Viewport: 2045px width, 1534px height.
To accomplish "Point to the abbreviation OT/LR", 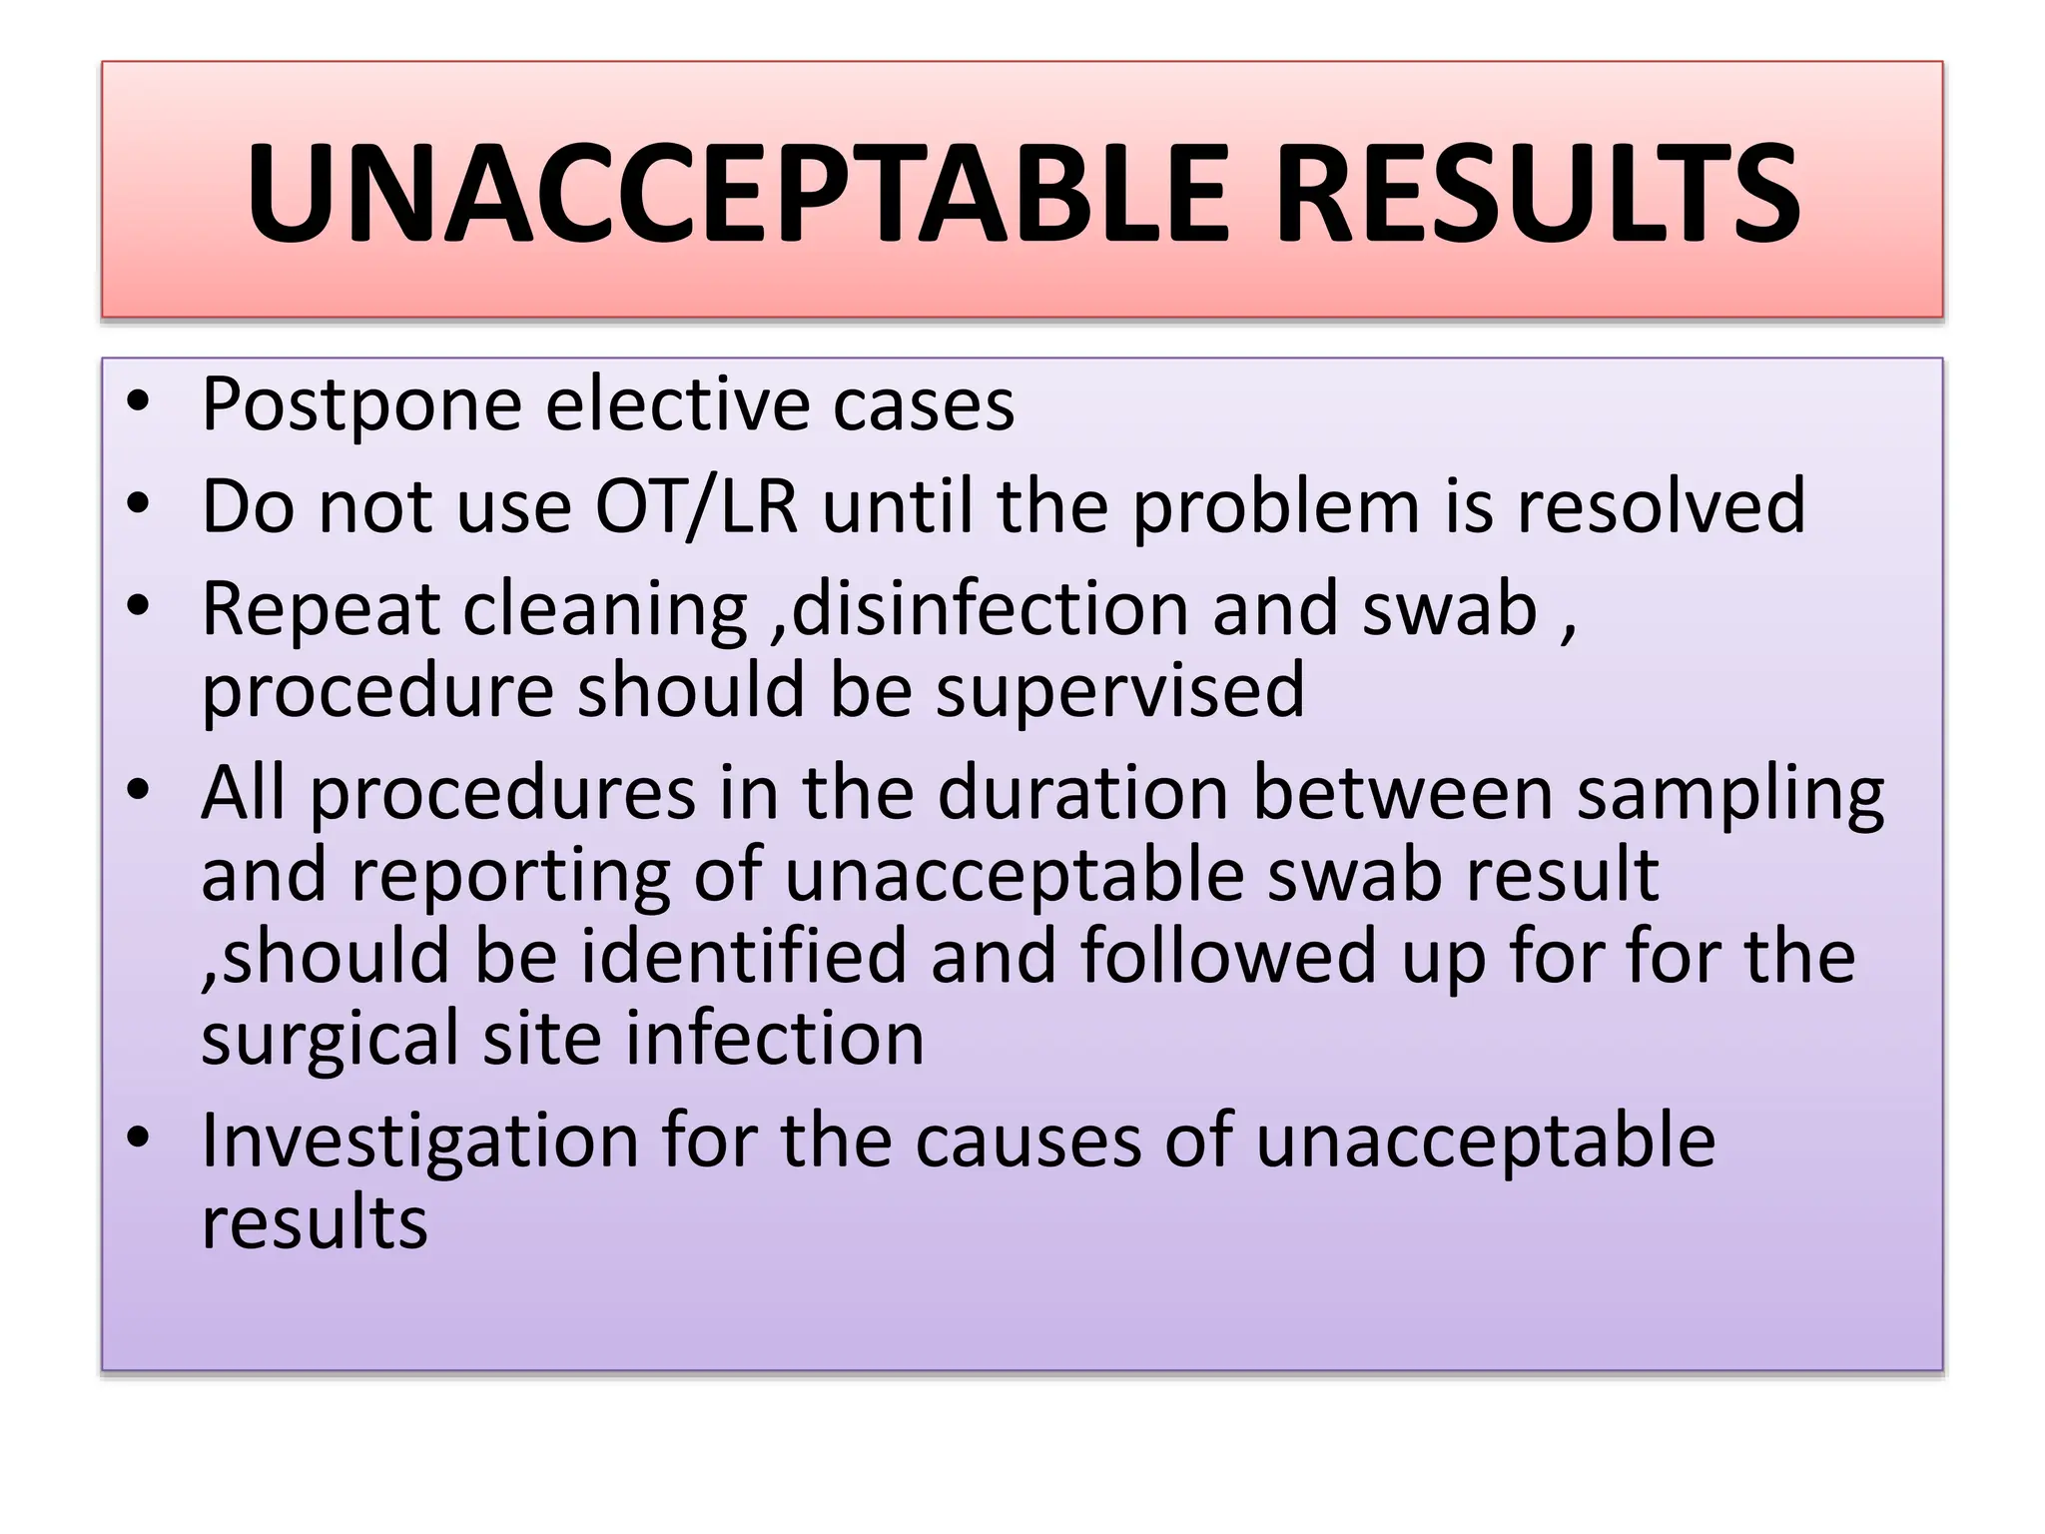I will pos(697,506).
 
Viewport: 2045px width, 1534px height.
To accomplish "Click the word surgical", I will pos(330,1040).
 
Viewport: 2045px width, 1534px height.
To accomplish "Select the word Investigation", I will pos(419,1142).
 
